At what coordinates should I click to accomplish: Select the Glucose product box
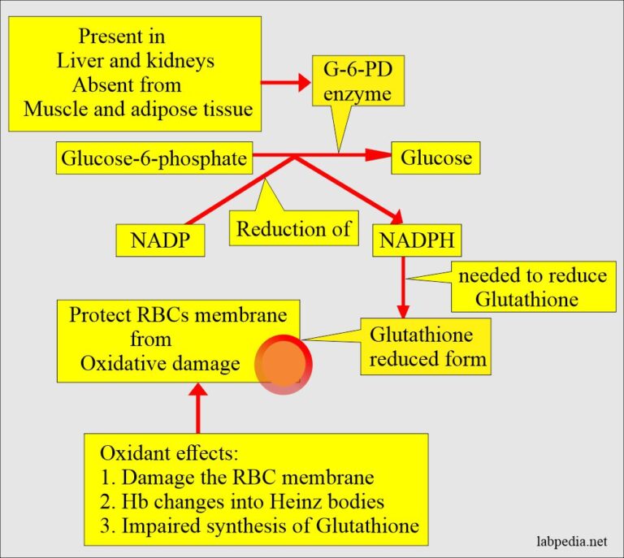pos(435,158)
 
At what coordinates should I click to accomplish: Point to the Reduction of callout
pos(292,230)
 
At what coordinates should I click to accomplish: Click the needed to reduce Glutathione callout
pos(528,287)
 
